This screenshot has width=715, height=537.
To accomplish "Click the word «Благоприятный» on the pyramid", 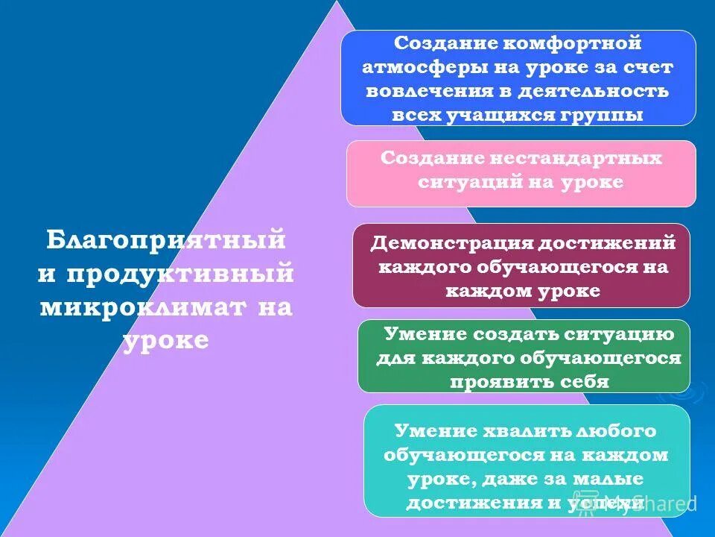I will coord(166,240).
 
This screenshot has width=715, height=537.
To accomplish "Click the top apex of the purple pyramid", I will coord(337,3).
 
